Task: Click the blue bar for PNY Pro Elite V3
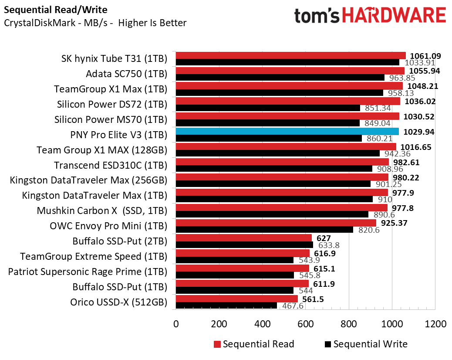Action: click(x=287, y=131)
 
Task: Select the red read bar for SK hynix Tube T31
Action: click(x=290, y=55)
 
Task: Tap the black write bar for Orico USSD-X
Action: click(x=226, y=306)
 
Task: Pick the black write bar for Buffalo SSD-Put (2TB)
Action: click(x=244, y=245)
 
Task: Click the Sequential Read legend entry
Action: click(x=254, y=344)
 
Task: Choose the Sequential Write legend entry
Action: click(x=366, y=344)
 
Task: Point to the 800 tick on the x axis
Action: click(x=349, y=324)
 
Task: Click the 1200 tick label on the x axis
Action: click(x=435, y=324)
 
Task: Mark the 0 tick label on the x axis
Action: click(x=176, y=324)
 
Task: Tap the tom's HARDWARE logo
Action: click(x=370, y=17)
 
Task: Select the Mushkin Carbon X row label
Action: click(x=102, y=211)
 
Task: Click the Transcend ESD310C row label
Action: click(x=111, y=165)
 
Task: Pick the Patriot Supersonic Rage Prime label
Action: click(x=88, y=272)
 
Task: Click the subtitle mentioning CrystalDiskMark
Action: click(x=95, y=23)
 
